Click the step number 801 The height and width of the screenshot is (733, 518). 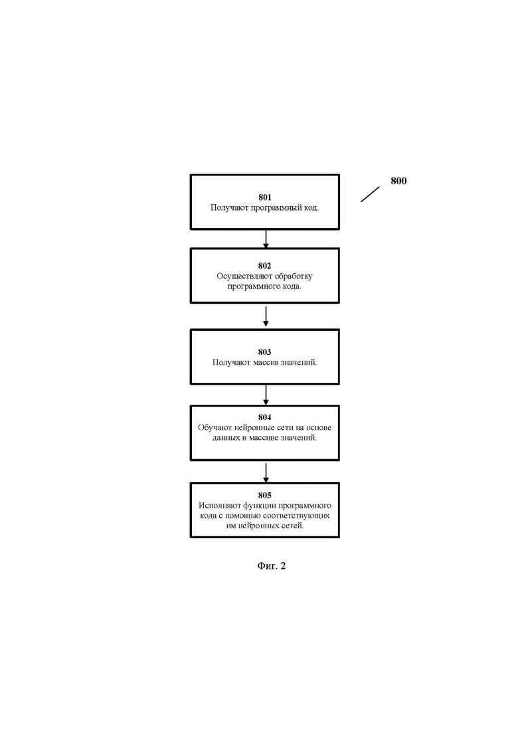pyautogui.click(x=265, y=197)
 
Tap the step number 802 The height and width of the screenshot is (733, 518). pyautogui.click(x=265, y=266)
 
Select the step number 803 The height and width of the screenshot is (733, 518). pyautogui.click(x=265, y=352)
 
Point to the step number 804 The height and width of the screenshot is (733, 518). pyautogui.click(x=265, y=417)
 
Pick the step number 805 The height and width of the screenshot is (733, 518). pyautogui.click(x=265, y=495)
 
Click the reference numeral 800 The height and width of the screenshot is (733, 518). pyautogui.click(x=398, y=181)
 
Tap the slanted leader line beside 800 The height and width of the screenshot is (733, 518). pyautogui.click(x=370, y=195)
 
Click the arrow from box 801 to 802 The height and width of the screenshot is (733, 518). pyautogui.click(x=266, y=239)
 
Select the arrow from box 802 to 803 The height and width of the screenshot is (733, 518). pyautogui.click(x=266, y=316)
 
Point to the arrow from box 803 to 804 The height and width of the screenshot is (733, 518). pyautogui.click(x=266, y=395)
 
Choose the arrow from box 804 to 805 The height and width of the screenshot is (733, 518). pyautogui.click(x=266, y=473)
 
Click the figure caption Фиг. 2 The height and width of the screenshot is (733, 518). pyautogui.click(x=272, y=566)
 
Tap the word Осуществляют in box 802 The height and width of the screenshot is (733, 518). pyautogui.click(x=238, y=276)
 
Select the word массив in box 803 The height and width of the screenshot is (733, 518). pyautogui.click(x=265, y=362)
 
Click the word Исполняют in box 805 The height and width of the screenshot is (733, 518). pyautogui.click(x=216, y=505)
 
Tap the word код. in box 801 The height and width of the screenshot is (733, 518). pyautogui.click(x=311, y=207)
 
